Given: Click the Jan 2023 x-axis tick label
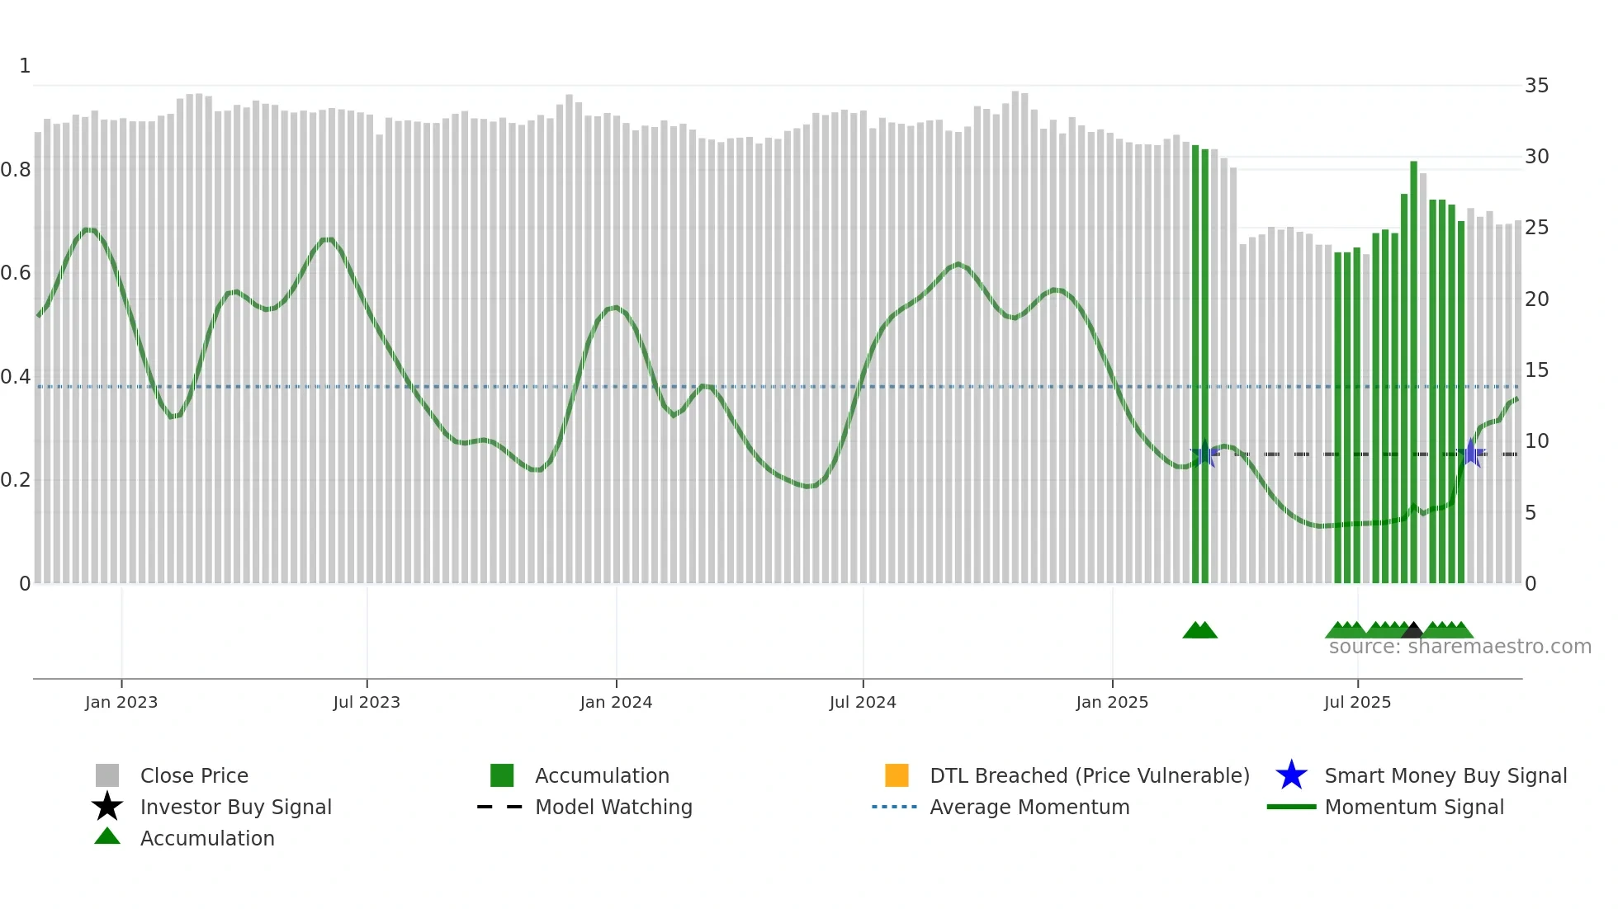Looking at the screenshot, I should tap(121, 702).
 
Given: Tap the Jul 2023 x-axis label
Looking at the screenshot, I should tap(367, 702).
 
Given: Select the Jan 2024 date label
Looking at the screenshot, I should tap(616, 702).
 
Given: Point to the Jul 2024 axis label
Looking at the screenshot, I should tap(863, 702).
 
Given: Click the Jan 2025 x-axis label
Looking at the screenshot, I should tap(1112, 702).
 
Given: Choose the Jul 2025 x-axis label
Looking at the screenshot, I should tap(1357, 702).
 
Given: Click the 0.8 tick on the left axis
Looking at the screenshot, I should tap(16, 170).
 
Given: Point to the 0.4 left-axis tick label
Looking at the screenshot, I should tap(16, 377).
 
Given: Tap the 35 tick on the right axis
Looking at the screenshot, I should tap(1536, 86).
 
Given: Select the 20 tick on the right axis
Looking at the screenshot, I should tap(1536, 299).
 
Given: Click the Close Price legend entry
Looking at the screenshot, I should tap(194, 775).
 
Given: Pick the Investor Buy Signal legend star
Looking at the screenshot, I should tap(107, 807).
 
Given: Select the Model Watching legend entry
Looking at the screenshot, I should tap(613, 807).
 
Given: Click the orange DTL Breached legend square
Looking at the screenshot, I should tap(897, 775).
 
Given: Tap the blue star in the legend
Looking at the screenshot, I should tap(1291, 775).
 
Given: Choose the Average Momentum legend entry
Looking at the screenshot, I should tap(1029, 807).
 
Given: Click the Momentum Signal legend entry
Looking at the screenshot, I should tap(1414, 807).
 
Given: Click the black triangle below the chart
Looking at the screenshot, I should tap(1412, 630).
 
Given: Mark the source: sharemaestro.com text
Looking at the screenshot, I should tap(1460, 647).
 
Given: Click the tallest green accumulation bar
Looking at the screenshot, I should tap(1413, 371).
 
